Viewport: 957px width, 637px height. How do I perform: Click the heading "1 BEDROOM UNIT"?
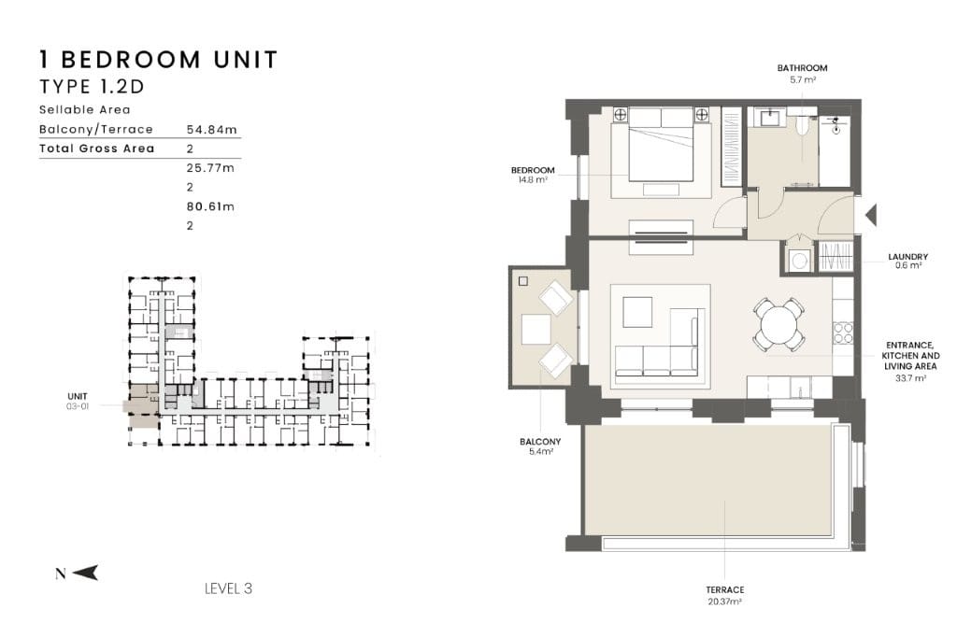coord(159,60)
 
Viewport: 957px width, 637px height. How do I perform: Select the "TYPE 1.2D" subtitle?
coord(92,87)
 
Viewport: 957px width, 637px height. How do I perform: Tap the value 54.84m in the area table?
coord(211,129)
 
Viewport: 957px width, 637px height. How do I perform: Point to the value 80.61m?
coord(210,206)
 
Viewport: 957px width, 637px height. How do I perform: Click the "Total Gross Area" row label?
coord(97,149)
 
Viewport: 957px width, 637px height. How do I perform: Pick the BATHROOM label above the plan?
coord(802,68)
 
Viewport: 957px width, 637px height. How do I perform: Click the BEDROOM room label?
coord(533,170)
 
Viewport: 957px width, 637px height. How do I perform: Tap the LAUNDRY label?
coord(907,257)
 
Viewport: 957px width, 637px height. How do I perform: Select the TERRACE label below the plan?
coord(725,590)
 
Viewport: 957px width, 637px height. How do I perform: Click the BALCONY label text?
coord(540,442)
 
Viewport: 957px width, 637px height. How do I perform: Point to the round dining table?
coord(778,324)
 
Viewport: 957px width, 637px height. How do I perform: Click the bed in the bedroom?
coord(661,145)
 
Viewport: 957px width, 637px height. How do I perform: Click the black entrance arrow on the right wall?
coord(871,215)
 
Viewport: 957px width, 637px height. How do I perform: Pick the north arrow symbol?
coord(85,573)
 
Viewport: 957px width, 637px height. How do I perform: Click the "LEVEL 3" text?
coord(228,588)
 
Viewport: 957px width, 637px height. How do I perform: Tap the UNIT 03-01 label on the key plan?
coord(78,401)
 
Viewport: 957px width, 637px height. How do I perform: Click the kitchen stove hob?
coord(843,333)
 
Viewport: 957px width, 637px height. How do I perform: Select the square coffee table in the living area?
coord(637,312)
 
